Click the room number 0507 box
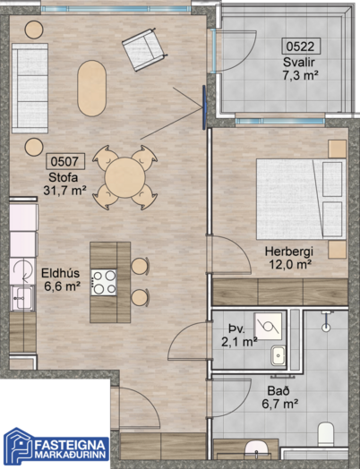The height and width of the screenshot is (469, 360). [x=65, y=161]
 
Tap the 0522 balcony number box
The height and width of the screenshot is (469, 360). [x=301, y=47]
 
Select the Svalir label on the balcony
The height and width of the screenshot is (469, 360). [x=298, y=63]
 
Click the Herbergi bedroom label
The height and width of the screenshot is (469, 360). [x=289, y=252]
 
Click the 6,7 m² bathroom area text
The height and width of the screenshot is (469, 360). [x=279, y=405]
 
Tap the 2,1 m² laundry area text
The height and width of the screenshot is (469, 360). [x=239, y=342]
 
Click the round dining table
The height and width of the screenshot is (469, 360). [x=125, y=177]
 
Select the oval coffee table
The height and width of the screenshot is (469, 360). [x=92, y=89]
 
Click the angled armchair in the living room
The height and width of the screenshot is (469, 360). [x=143, y=49]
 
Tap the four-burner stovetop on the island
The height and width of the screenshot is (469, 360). [x=104, y=282]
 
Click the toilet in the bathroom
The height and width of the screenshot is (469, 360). [x=326, y=434]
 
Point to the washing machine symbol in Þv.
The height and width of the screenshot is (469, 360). [x=268, y=326]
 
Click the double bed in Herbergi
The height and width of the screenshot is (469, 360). [x=301, y=199]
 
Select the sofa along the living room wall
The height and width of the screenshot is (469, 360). [x=30, y=89]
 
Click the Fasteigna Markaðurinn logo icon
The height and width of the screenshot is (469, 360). [x=18, y=448]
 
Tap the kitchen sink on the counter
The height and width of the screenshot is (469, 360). [x=22, y=298]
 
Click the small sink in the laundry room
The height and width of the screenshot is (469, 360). [x=279, y=355]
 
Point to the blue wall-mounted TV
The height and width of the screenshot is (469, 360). [x=204, y=107]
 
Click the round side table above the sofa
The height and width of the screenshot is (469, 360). [x=34, y=30]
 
